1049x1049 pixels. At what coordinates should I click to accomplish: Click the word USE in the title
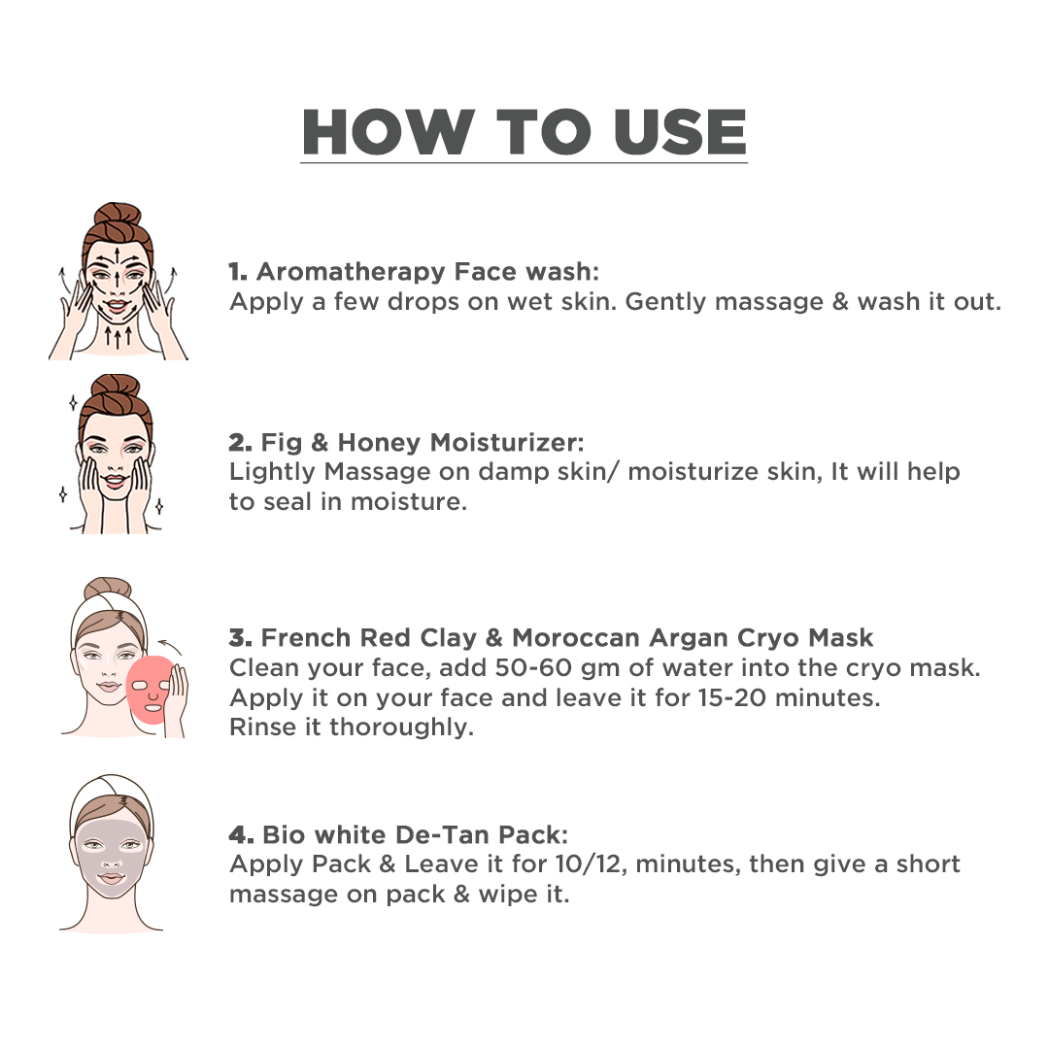point(679,132)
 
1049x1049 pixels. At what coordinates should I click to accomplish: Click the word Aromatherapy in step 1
point(351,272)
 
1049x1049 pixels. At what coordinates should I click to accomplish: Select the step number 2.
point(240,443)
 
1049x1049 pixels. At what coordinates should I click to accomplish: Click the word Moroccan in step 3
point(576,637)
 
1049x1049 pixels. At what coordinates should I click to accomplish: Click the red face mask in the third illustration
point(149,689)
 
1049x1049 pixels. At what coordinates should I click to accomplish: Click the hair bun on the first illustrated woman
point(118,216)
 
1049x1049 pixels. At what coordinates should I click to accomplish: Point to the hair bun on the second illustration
point(116,388)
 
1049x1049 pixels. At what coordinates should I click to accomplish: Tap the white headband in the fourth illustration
point(112,794)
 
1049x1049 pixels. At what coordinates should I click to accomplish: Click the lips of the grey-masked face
point(111,878)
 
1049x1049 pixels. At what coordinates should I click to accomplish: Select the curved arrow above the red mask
point(170,646)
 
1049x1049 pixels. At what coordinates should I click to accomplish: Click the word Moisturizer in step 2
point(506,443)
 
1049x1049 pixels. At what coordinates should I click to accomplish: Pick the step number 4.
point(241,835)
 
